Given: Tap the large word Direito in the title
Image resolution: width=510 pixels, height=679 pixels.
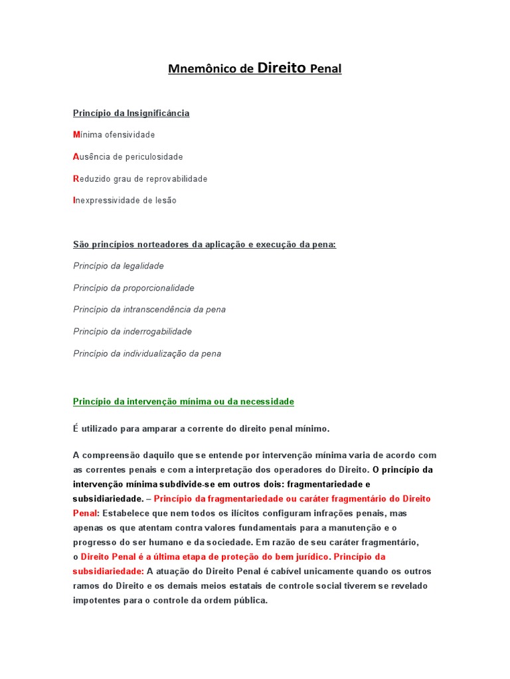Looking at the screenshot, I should point(281,68).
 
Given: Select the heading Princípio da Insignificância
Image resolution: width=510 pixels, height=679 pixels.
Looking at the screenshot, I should point(131,113).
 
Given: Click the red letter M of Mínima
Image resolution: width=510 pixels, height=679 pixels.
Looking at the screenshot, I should point(76,135).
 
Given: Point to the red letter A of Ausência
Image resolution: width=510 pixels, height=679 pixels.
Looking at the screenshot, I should point(76,157).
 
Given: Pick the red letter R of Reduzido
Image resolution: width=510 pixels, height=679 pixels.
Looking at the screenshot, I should point(76,179).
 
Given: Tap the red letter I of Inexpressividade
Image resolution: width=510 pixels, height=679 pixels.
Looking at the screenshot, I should point(74,200).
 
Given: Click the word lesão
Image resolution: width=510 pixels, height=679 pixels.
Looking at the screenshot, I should point(165,200).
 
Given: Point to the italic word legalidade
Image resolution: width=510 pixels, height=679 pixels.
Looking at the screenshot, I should point(143,266).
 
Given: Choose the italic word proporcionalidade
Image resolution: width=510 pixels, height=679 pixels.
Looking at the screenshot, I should point(159,288).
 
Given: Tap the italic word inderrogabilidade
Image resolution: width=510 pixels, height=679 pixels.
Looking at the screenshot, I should point(157,332).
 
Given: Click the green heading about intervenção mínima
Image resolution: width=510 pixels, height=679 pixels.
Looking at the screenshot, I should point(183,402).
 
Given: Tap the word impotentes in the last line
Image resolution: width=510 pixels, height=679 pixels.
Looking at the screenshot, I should point(96,600).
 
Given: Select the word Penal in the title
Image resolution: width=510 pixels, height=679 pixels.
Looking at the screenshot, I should point(326,69).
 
